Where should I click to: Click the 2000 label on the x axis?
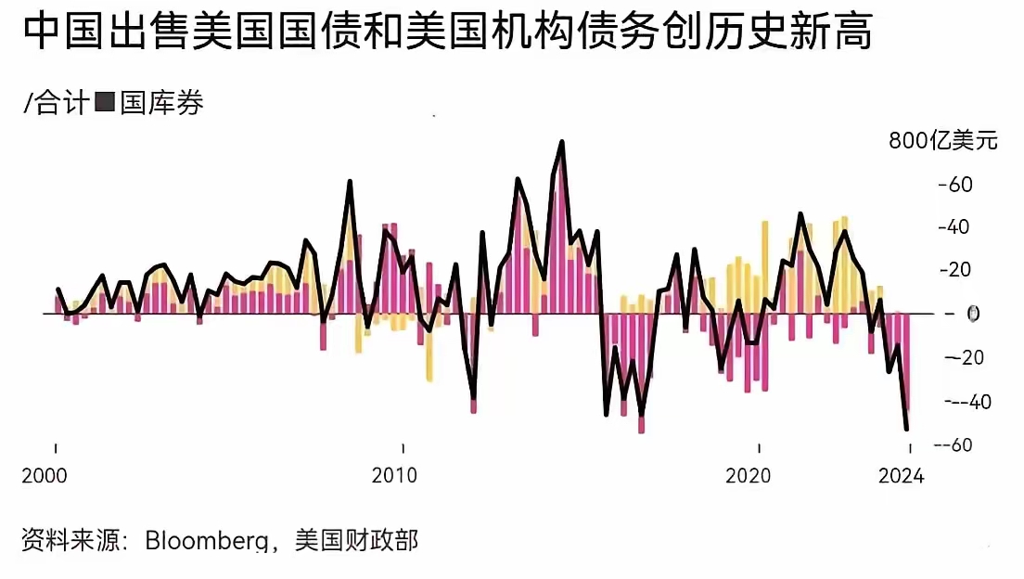tap(43, 476)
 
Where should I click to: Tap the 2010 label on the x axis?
tap(395, 476)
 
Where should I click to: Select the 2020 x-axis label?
tap(748, 476)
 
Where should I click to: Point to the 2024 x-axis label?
tap(901, 476)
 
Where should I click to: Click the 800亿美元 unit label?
tap(942, 141)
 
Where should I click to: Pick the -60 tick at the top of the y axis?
tap(956, 185)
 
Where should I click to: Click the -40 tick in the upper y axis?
tap(956, 227)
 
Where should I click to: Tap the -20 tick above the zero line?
tap(956, 270)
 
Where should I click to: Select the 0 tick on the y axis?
tap(973, 314)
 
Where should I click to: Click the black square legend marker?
tap(105, 103)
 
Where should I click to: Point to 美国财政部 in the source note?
tap(356, 541)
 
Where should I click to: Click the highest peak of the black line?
tap(562, 142)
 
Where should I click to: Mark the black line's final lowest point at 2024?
tap(906, 429)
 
